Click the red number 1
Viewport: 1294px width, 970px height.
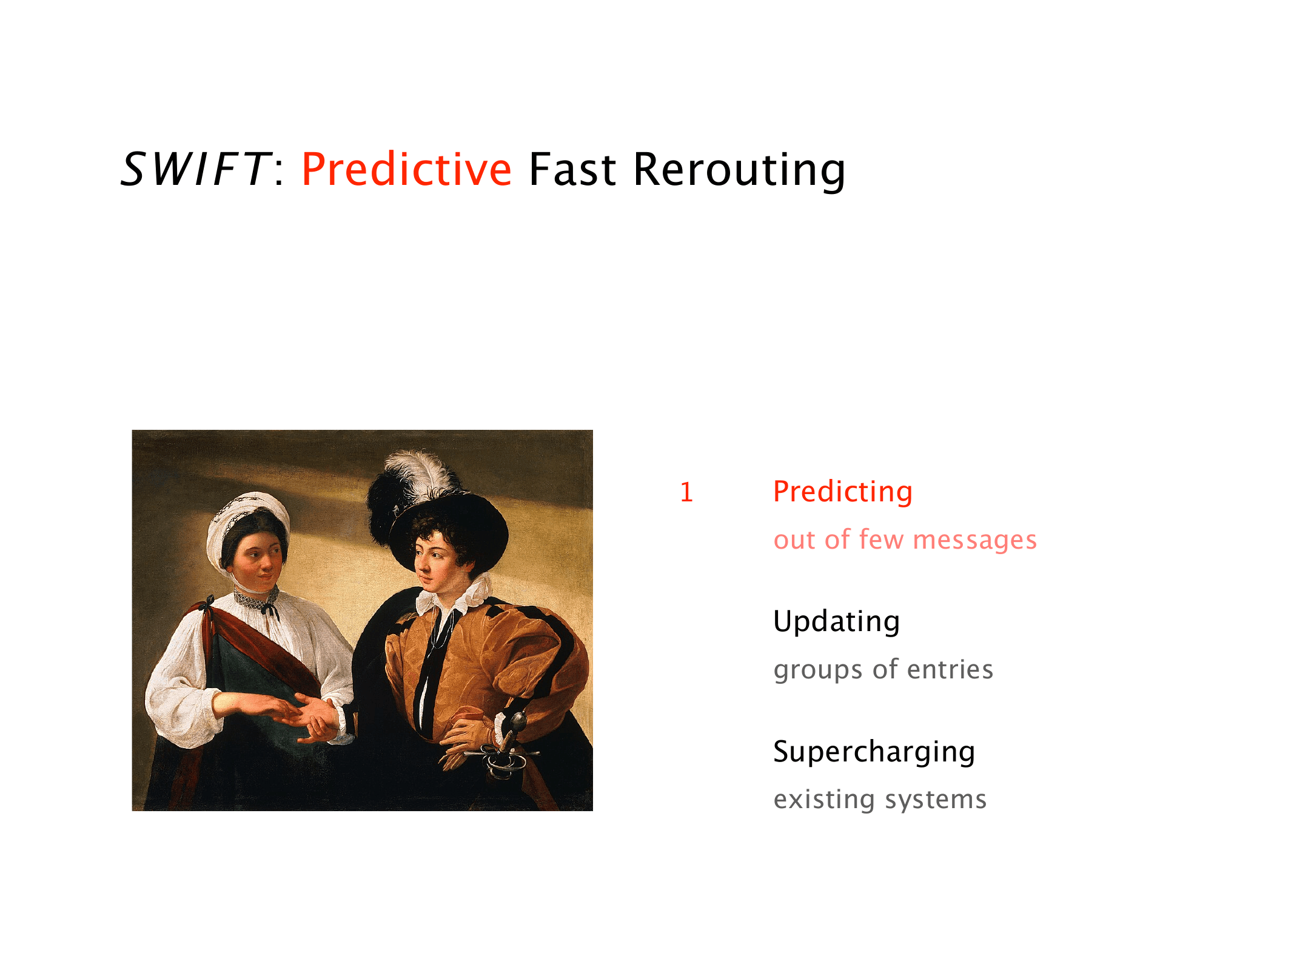[686, 492]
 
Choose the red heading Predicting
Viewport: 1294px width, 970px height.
[843, 492]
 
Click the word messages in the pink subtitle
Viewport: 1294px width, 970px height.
[974, 540]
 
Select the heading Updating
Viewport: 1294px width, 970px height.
[836, 621]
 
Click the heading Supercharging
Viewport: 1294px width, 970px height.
[874, 752]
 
